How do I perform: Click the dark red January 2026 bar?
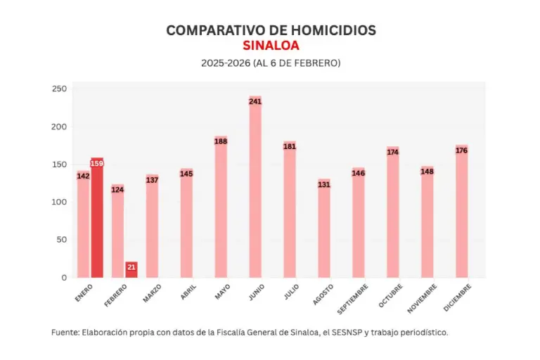pos(97,218)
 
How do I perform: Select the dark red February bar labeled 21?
pos(131,270)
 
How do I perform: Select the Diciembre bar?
pos(462,211)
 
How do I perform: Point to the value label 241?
pos(255,101)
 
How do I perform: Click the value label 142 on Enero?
pos(83,176)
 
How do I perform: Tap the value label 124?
pos(117,189)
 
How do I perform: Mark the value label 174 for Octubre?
pos(393,152)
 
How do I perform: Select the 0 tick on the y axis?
pos(63,278)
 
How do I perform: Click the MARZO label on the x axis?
pos(152,293)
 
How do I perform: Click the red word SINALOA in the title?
pos(271,46)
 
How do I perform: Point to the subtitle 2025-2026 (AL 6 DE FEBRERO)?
pos(271,63)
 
